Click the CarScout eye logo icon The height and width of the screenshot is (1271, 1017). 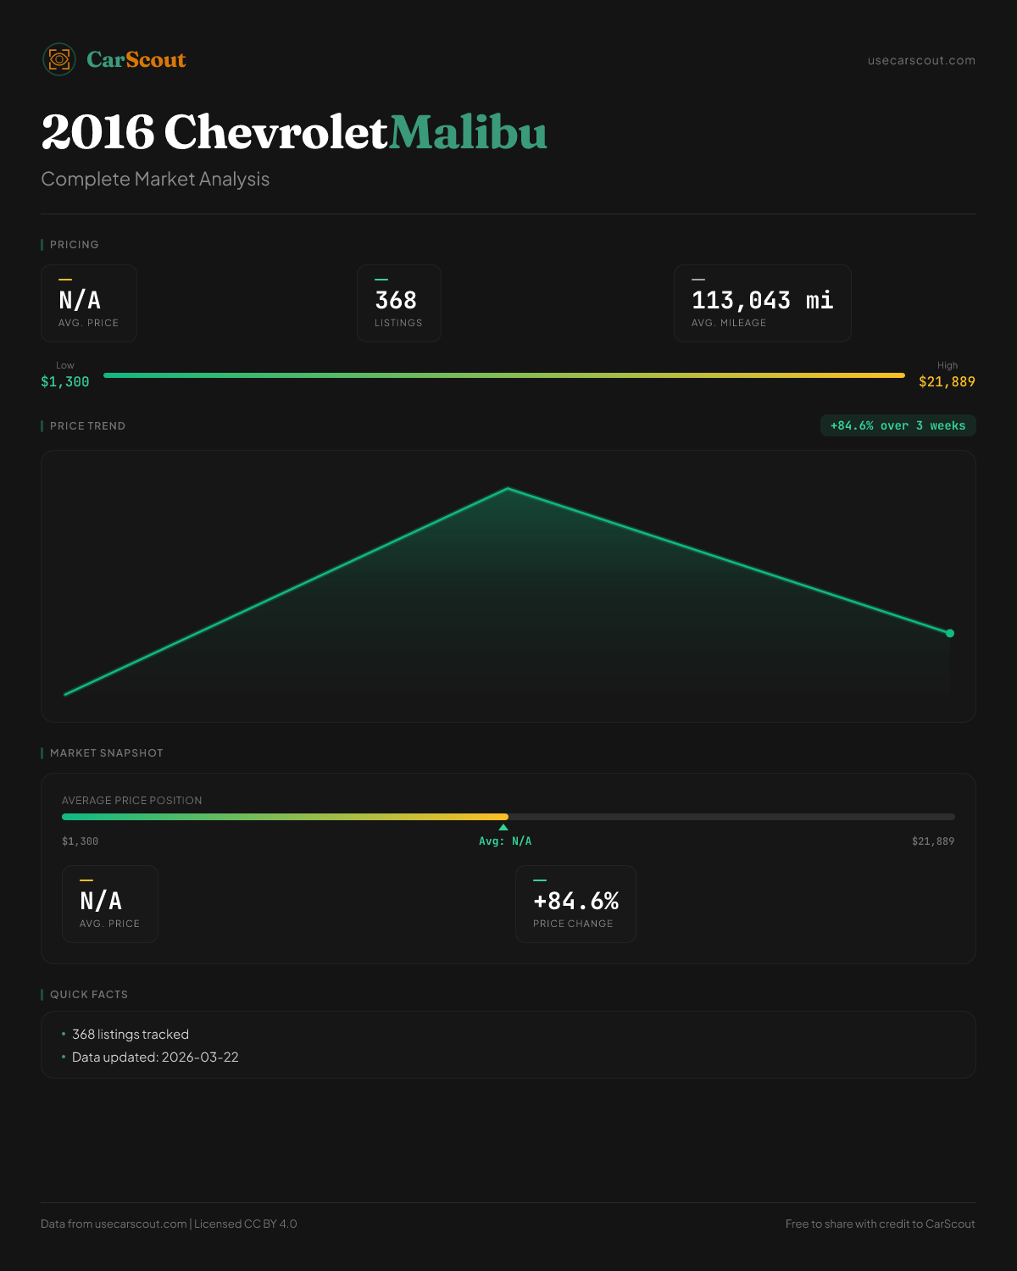(x=59, y=59)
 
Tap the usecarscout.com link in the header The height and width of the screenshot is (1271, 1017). (x=921, y=60)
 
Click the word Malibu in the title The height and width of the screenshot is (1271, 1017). (x=468, y=133)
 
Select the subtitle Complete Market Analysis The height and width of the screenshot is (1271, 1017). (x=155, y=179)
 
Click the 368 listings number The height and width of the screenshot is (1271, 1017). (x=396, y=300)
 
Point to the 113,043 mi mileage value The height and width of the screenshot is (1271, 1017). (x=762, y=300)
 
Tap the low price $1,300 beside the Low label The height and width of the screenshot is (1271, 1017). (x=65, y=382)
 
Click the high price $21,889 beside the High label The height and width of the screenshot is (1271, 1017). (x=947, y=382)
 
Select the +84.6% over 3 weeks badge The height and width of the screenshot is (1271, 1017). (x=898, y=425)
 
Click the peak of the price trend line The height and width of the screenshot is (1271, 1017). (x=508, y=488)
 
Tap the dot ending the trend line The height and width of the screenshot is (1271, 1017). (x=950, y=633)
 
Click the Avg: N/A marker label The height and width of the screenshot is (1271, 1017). (x=505, y=841)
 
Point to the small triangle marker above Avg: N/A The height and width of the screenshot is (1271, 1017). (x=503, y=827)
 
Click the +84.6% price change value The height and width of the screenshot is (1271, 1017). (x=575, y=901)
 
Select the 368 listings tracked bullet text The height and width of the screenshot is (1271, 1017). (x=131, y=1035)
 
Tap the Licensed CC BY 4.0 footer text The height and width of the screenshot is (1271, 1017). (x=246, y=1224)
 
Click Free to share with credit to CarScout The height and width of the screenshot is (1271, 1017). (x=880, y=1224)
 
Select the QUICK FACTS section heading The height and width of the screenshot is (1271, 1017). (x=89, y=995)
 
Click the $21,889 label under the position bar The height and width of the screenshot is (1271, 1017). (x=932, y=841)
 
